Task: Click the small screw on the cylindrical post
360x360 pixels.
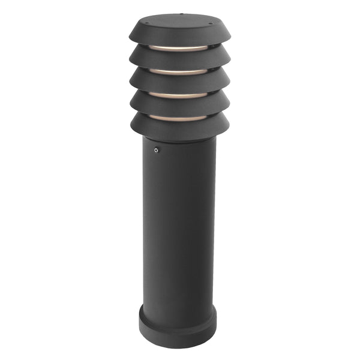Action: click(156, 151)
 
